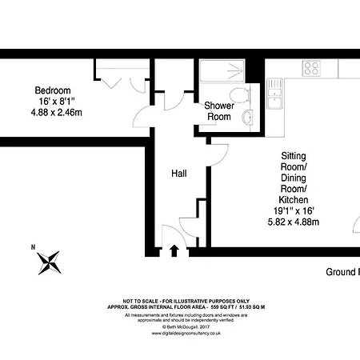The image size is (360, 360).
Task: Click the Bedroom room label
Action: click(52, 90)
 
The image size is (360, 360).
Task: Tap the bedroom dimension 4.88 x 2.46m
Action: click(52, 114)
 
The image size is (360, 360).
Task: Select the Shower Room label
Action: click(218, 111)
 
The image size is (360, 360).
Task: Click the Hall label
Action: click(179, 174)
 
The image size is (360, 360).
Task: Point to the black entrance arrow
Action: click(175, 250)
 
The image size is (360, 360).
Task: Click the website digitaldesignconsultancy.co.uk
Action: click(179, 334)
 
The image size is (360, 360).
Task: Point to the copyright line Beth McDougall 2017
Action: click(179, 327)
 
